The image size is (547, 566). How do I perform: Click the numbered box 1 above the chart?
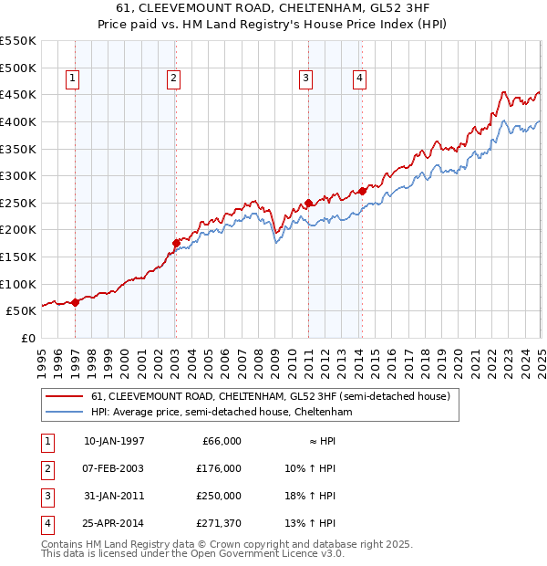[72, 79]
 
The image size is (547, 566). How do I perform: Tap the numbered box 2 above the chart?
[172, 79]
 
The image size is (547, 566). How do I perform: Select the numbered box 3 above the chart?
[305, 79]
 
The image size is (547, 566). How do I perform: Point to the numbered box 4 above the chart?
[360, 79]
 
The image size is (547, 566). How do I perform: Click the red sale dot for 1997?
[75, 303]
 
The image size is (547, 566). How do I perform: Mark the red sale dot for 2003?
[176, 243]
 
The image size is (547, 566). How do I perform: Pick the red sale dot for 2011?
[309, 203]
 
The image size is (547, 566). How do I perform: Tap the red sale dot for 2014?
[363, 191]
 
